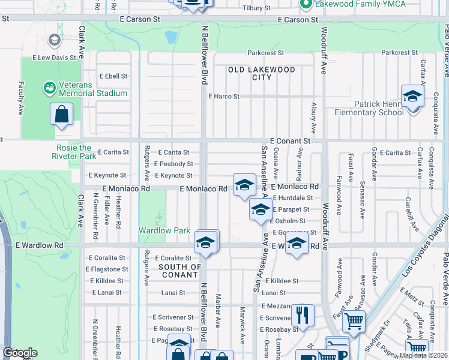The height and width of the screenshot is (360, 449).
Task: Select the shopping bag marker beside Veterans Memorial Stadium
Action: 61,114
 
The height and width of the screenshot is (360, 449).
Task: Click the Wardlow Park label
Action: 164,230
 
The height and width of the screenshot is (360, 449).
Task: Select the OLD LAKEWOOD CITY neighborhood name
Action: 262,74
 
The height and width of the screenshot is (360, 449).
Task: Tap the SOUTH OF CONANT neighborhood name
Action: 180,271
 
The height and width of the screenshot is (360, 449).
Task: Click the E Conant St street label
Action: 290,140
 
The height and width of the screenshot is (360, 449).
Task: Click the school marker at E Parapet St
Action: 260,211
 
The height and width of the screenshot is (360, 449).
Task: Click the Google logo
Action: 19,353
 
